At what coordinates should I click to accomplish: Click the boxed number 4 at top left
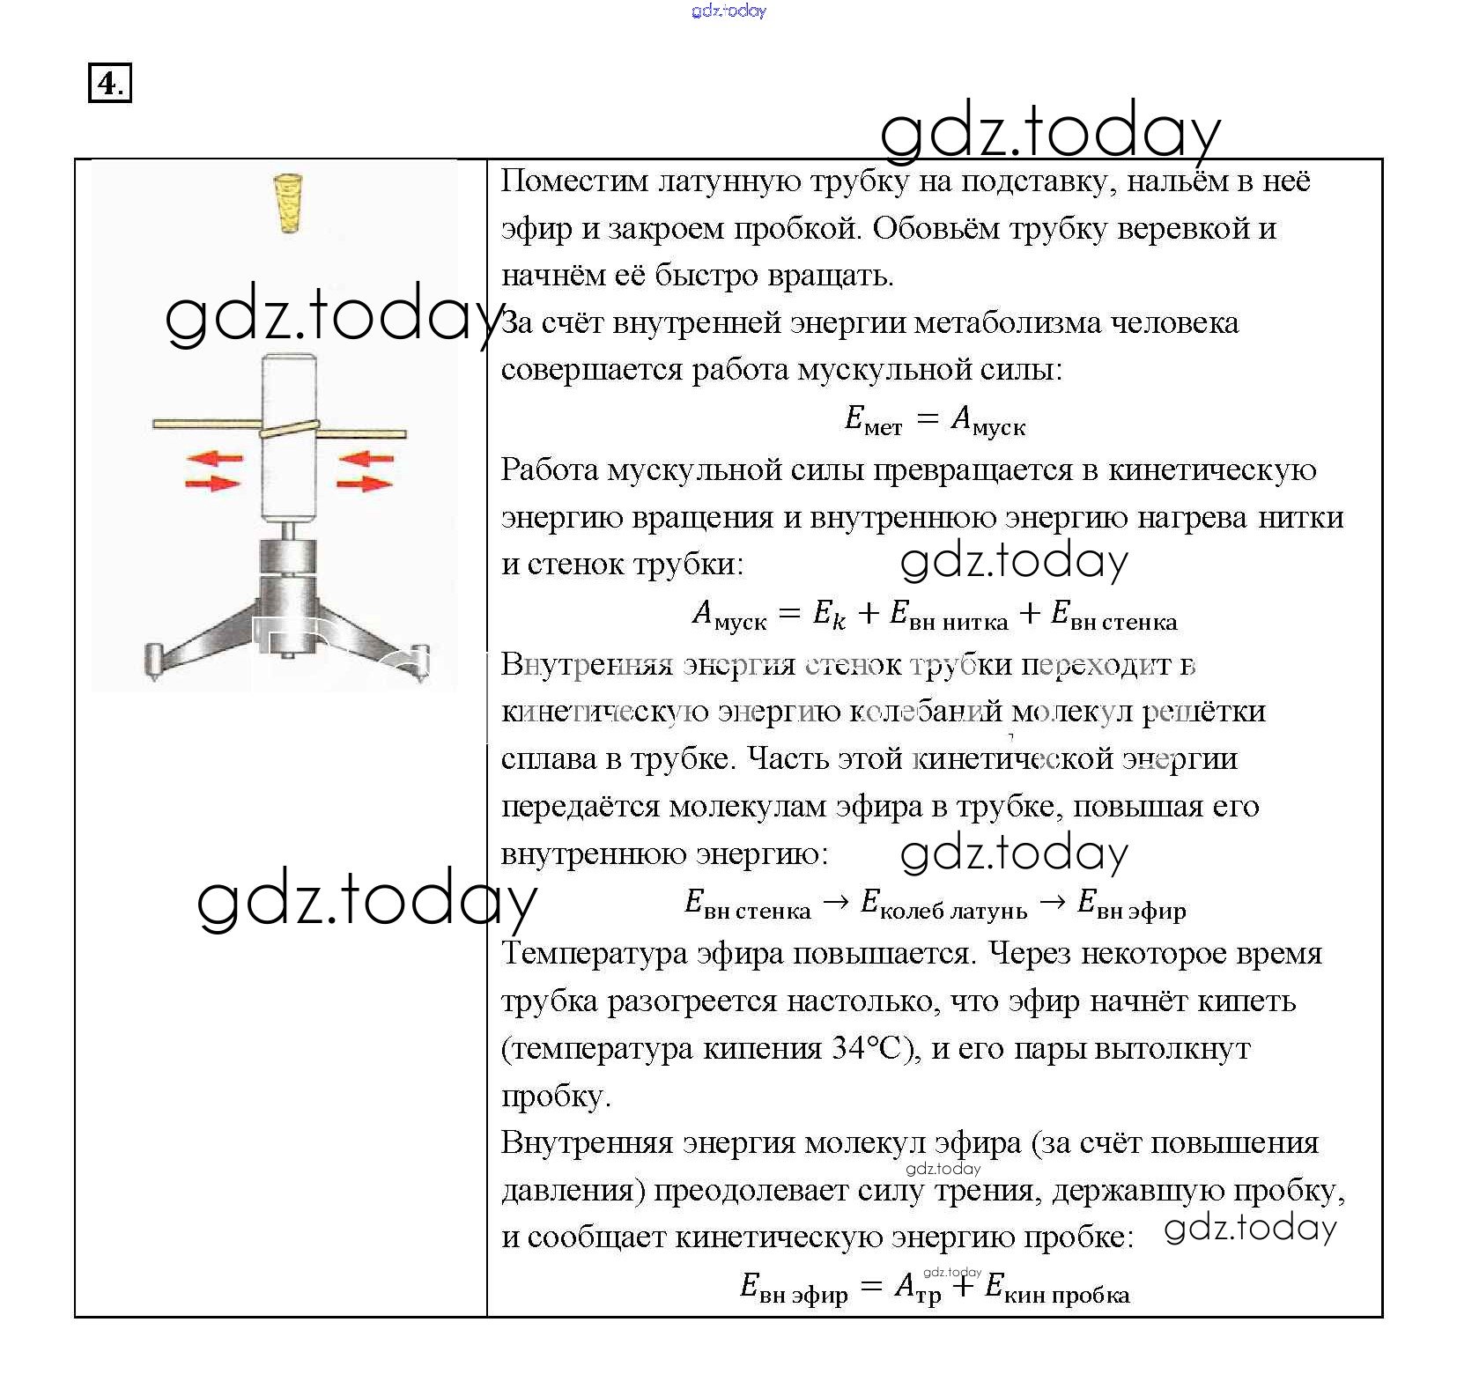(109, 84)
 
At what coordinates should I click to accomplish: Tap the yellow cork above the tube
(288, 203)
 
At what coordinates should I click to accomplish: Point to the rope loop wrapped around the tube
(288, 429)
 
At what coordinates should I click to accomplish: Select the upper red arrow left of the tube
(214, 458)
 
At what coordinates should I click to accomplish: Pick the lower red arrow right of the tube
(365, 483)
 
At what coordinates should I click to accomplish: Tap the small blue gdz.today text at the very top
(728, 11)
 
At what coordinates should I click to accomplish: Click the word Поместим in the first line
(573, 181)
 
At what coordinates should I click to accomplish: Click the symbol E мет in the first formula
(872, 420)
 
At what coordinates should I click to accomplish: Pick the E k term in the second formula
(829, 614)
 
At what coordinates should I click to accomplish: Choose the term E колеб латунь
(943, 904)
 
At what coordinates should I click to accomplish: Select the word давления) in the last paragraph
(573, 1190)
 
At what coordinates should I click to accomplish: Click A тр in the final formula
(917, 1289)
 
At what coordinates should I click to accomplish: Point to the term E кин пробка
(1056, 1289)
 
